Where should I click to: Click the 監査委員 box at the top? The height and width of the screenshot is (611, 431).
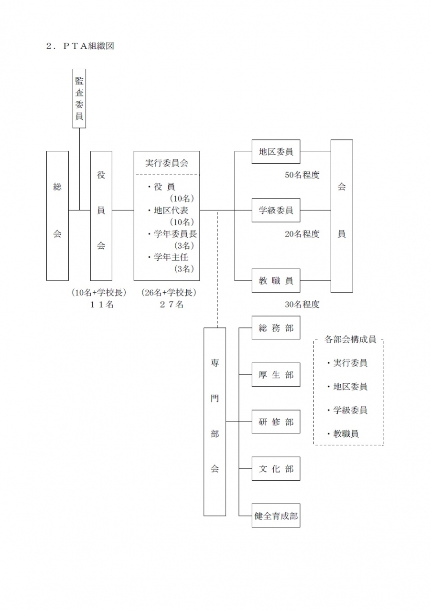pyautogui.click(x=79, y=98)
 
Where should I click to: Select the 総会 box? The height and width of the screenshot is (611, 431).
pyautogui.click(x=57, y=216)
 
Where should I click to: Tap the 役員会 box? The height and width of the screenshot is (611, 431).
pyautogui.click(x=101, y=216)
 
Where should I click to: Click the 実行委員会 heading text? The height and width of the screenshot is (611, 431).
pyautogui.click(x=167, y=163)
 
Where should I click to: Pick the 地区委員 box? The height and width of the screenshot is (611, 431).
pyautogui.click(x=276, y=152)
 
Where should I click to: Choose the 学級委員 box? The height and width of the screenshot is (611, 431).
pyautogui.click(x=276, y=210)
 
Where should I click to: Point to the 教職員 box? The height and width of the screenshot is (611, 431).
pyautogui.click(x=276, y=281)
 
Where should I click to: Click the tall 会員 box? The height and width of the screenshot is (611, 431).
pyautogui.click(x=342, y=216)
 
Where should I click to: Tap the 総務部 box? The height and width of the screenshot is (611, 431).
pyautogui.click(x=276, y=328)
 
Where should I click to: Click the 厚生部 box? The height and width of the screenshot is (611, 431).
pyautogui.click(x=276, y=375)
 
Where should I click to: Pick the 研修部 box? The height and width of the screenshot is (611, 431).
pyautogui.click(x=276, y=422)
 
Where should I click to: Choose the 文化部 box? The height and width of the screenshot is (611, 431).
pyautogui.click(x=276, y=469)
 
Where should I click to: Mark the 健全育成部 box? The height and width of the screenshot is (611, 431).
pyautogui.click(x=276, y=516)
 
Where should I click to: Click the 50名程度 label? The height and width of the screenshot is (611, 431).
pyautogui.click(x=302, y=175)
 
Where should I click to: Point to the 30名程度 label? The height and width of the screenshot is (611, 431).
pyautogui.click(x=302, y=305)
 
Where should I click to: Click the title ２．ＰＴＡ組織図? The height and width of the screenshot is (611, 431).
pyautogui.click(x=80, y=46)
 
